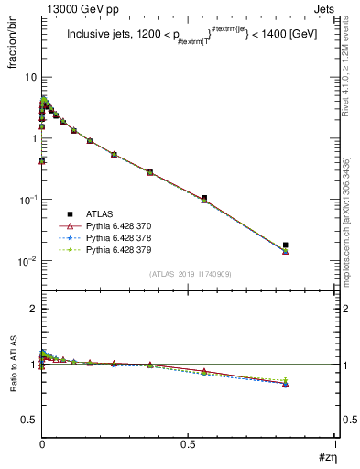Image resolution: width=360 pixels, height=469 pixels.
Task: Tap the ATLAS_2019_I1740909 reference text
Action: [x=189, y=274]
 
